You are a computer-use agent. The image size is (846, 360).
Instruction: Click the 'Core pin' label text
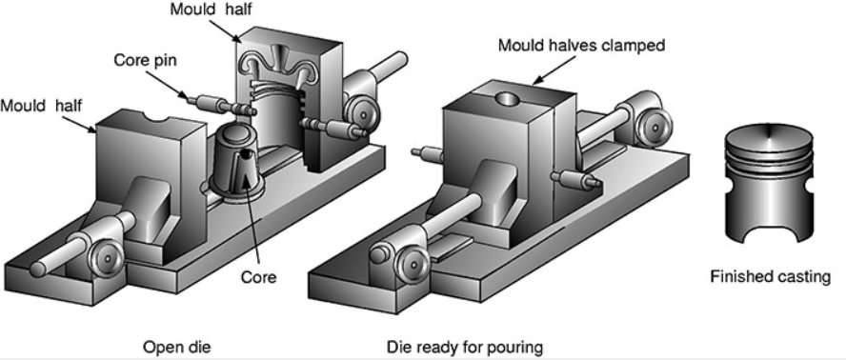click(145, 60)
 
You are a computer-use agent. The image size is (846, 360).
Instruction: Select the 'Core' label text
click(258, 277)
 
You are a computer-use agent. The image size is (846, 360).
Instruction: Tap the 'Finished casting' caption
click(770, 277)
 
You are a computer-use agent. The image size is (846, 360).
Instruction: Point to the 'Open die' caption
click(176, 347)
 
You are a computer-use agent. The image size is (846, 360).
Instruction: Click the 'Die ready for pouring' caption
click(465, 347)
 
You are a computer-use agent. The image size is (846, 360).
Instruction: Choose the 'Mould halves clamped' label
click(581, 46)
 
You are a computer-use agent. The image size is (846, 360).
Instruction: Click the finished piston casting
click(769, 183)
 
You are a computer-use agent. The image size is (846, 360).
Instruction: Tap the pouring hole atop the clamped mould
click(508, 99)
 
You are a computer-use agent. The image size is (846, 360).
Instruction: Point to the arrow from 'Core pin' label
click(166, 86)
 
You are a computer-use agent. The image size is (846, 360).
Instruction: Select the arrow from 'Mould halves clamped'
click(554, 70)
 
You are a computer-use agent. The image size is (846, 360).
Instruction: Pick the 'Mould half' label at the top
click(211, 10)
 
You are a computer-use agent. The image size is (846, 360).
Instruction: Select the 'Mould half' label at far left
click(41, 106)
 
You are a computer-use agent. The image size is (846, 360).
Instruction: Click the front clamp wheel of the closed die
click(412, 263)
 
